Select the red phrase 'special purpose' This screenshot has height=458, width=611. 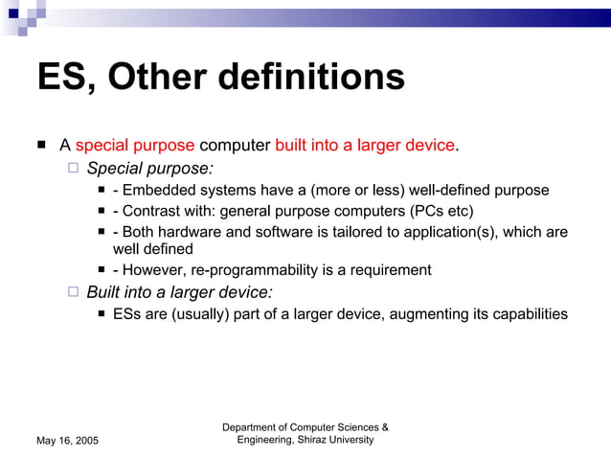click(x=135, y=146)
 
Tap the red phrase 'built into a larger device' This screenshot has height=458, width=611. click(x=365, y=146)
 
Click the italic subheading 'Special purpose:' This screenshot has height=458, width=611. click(x=149, y=169)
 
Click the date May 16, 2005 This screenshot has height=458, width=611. click(x=67, y=440)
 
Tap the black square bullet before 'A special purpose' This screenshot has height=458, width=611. click(x=42, y=146)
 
